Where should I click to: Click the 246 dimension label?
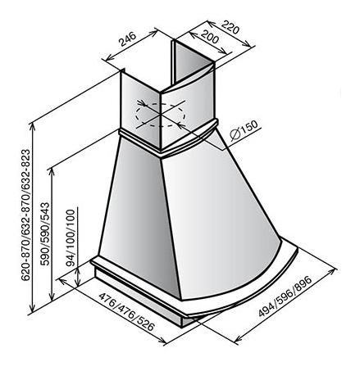[127, 38]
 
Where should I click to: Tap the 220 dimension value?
[230, 27]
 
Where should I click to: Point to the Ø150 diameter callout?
[244, 130]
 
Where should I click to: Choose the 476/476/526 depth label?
[126, 312]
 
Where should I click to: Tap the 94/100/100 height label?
[71, 238]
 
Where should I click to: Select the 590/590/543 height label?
[45, 234]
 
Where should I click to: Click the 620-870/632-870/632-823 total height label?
[25, 215]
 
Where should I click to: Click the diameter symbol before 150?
[235, 134]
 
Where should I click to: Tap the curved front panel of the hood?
[219, 219]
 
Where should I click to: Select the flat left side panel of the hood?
[137, 213]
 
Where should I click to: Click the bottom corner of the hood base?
[183, 326]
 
